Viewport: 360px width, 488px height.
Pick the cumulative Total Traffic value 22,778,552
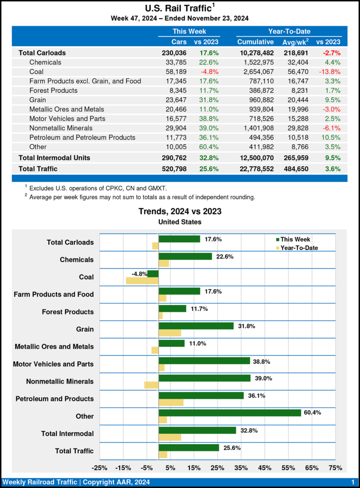[256, 168]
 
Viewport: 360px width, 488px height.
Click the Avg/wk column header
[294, 42]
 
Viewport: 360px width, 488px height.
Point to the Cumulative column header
[256, 42]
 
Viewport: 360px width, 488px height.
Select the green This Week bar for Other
[229, 413]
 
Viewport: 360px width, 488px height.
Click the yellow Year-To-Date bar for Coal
[142, 281]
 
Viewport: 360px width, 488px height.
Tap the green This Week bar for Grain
[196, 326]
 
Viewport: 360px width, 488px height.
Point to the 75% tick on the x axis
[335, 468]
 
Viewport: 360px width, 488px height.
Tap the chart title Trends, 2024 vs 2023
[180, 211]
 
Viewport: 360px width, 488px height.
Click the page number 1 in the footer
[352, 482]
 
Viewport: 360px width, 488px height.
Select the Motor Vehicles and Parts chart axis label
[53, 364]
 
